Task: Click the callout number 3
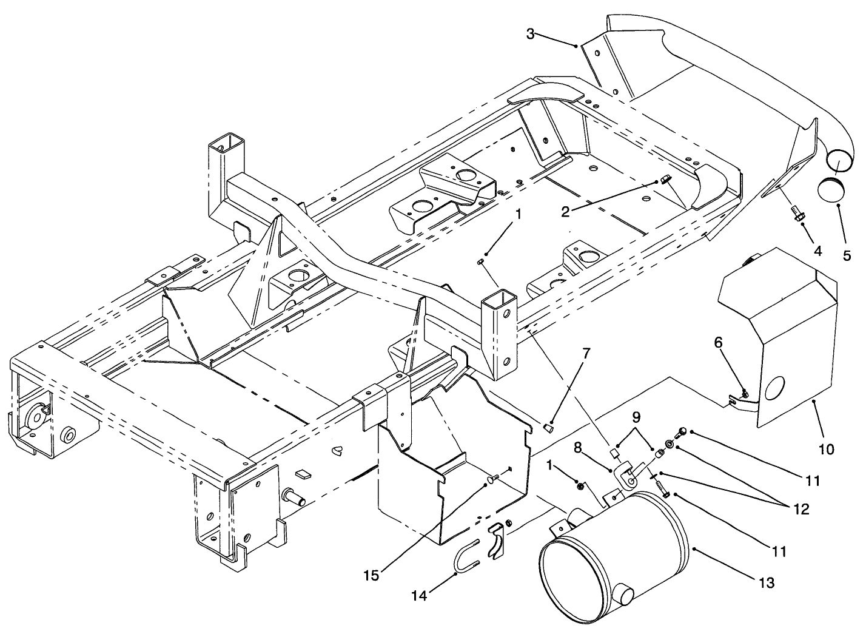coord(530,34)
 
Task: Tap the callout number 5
coord(847,255)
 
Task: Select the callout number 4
coord(817,249)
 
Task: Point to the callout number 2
coord(565,211)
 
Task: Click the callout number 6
coord(718,342)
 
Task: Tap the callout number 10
coord(827,449)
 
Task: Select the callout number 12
coord(801,509)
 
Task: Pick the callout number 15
coord(372,575)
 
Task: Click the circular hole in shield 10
coord(774,388)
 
